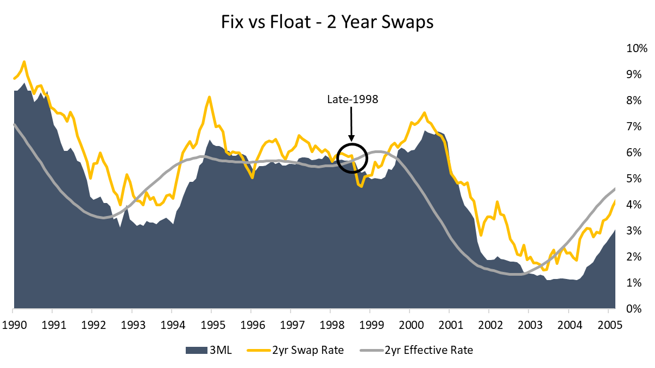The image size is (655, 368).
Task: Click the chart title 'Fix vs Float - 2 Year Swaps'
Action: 327,22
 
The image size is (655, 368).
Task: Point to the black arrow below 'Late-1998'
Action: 351,123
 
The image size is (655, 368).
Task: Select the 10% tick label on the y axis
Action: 637,48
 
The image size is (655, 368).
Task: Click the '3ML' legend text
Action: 222,350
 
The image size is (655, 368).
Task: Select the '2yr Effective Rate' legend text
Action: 429,350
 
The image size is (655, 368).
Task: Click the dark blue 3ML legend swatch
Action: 197,350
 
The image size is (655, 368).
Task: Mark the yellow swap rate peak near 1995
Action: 210,97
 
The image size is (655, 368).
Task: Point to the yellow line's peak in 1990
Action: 24,62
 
